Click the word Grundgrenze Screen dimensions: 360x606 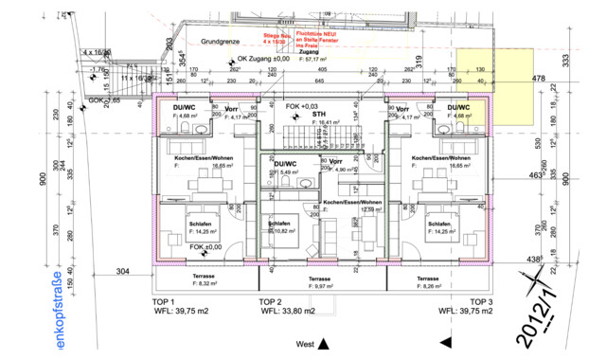(220, 43)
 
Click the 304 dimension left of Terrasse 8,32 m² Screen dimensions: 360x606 (122, 270)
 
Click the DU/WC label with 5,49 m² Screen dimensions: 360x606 (284, 164)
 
